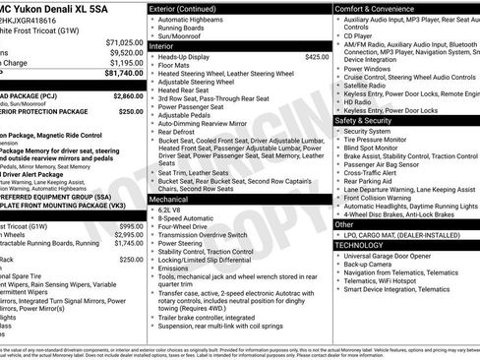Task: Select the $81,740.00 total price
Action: [124, 73]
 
